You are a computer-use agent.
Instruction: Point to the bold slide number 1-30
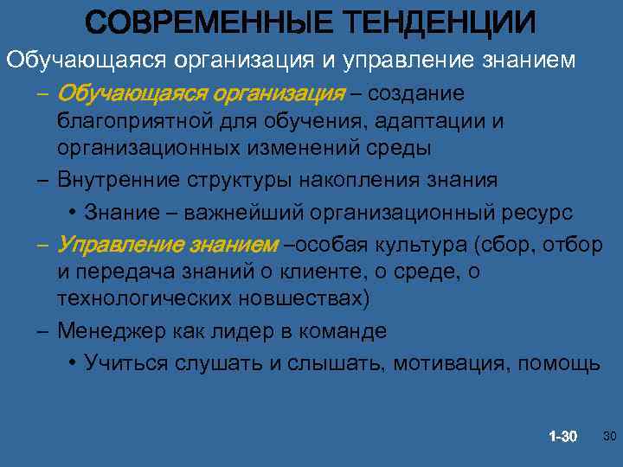562,435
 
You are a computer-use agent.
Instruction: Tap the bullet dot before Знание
71,213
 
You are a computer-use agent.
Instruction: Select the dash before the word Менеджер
42,332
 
